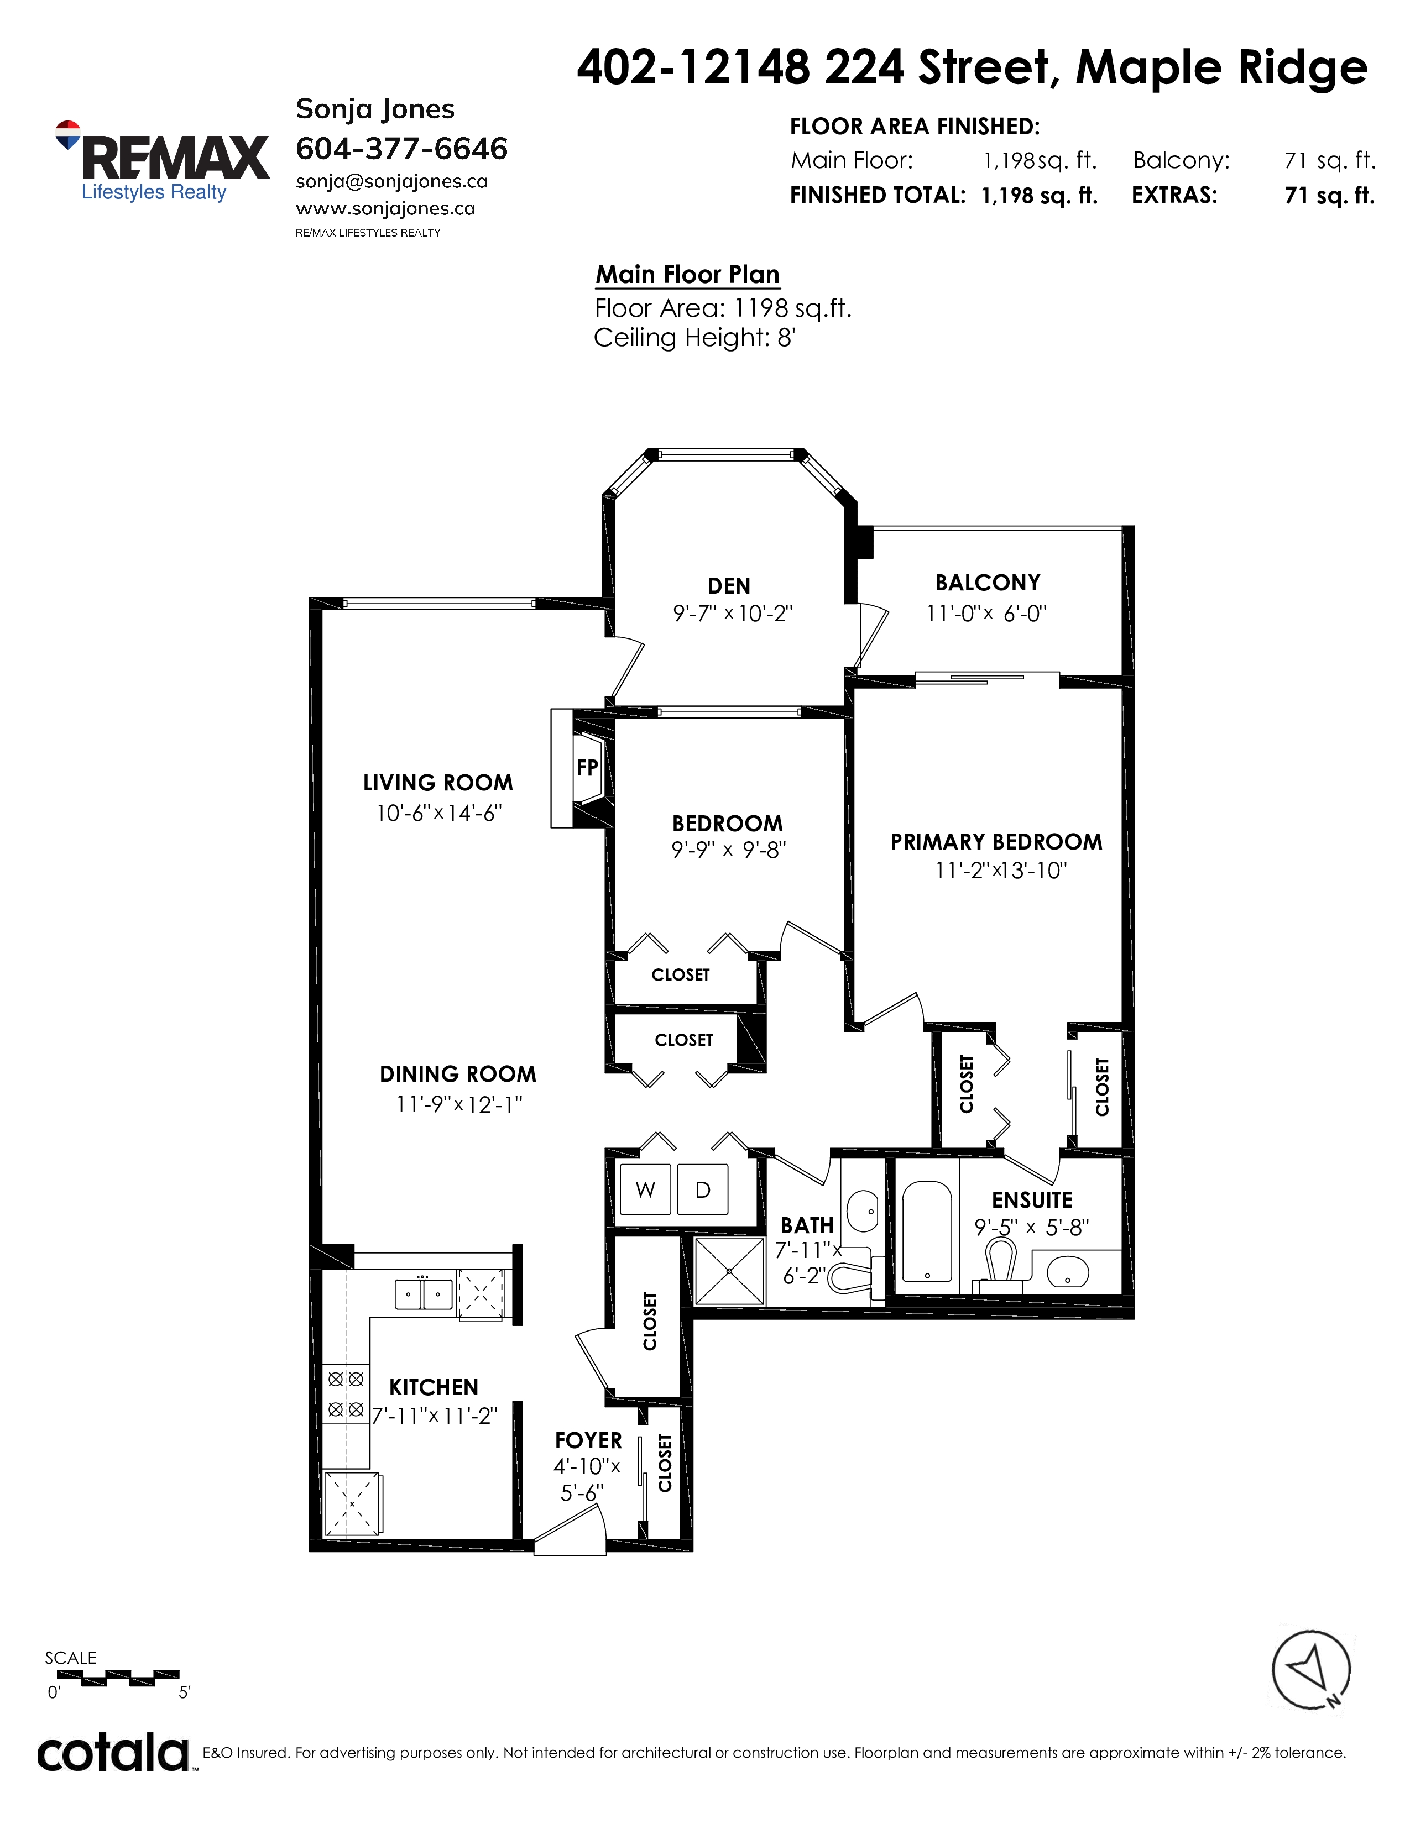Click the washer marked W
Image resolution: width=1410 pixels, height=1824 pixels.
(645, 1189)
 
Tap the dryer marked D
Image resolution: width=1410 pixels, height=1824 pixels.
(702, 1189)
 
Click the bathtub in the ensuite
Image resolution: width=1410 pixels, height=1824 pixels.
(928, 1232)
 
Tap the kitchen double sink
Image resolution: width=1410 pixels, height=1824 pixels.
(424, 1294)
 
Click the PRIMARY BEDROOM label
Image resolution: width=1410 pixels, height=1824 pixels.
(996, 842)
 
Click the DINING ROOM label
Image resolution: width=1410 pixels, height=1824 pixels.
(458, 1074)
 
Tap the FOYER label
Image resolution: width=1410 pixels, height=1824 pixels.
(589, 1440)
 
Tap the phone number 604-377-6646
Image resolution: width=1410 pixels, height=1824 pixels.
(402, 149)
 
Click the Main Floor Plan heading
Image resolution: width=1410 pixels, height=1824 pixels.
(687, 275)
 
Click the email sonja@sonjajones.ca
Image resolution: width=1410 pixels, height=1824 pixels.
(392, 182)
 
